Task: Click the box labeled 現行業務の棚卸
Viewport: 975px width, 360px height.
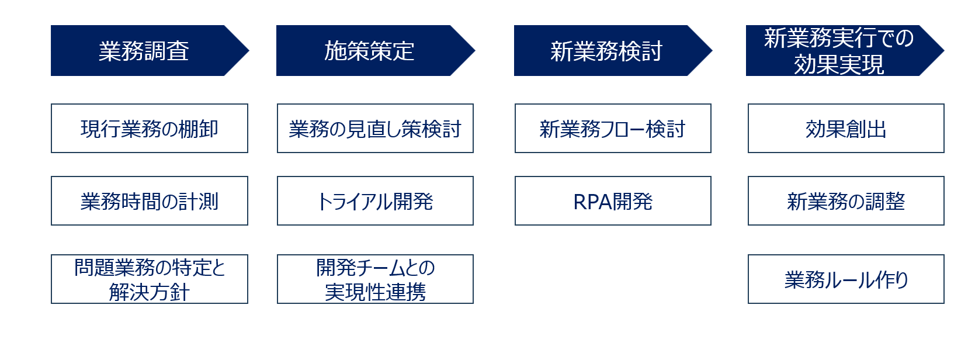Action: pyautogui.click(x=150, y=129)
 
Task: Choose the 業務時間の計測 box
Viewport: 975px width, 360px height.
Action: pyautogui.click(x=150, y=200)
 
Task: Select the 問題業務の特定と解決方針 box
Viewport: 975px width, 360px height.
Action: pyautogui.click(x=150, y=279)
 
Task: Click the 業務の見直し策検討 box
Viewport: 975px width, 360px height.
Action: pyautogui.click(x=375, y=129)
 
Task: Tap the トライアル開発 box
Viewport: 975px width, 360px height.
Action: pyautogui.click(x=375, y=200)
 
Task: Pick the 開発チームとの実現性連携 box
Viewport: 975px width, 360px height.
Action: pyautogui.click(x=375, y=279)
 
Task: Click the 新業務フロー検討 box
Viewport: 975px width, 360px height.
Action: pyautogui.click(x=613, y=129)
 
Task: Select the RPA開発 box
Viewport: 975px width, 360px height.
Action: pyautogui.click(x=613, y=200)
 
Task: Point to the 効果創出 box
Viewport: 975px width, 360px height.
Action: pyautogui.click(x=846, y=129)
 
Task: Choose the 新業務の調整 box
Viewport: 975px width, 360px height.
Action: pyautogui.click(x=846, y=200)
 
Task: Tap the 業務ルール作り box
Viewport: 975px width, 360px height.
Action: pyautogui.click(x=846, y=279)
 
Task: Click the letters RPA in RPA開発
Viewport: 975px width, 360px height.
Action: pyautogui.click(x=592, y=202)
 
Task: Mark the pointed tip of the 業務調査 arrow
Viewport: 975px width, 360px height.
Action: pyautogui.click(x=249, y=50)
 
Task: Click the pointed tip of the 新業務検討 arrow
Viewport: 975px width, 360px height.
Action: pyautogui.click(x=712, y=50)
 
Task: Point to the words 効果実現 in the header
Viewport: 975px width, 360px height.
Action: pyautogui.click(x=839, y=64)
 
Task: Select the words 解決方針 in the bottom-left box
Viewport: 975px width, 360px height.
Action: pyautogui.click(x=150, y=292)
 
